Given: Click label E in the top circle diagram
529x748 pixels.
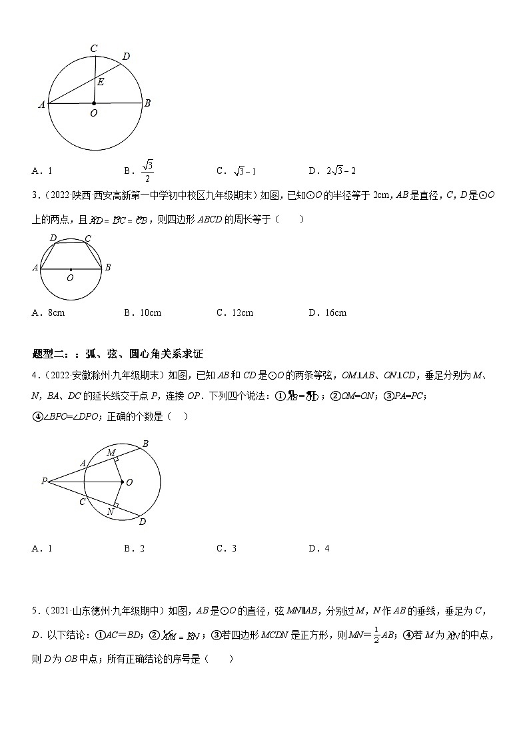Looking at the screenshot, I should (x=101, y=82).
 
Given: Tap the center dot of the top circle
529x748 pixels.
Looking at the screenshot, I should (x=94, y=103).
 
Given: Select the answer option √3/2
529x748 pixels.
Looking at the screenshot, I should (x=148, y=171).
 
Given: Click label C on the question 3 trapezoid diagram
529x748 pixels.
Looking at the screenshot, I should (x=88, y=238).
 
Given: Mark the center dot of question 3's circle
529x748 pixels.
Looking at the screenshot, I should (x=71, y=269).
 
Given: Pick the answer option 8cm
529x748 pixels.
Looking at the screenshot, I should (x=56, y=312).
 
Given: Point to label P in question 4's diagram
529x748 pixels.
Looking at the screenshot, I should (x=43, y=480).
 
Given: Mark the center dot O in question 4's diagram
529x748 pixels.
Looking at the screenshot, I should (x=122, y=481).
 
